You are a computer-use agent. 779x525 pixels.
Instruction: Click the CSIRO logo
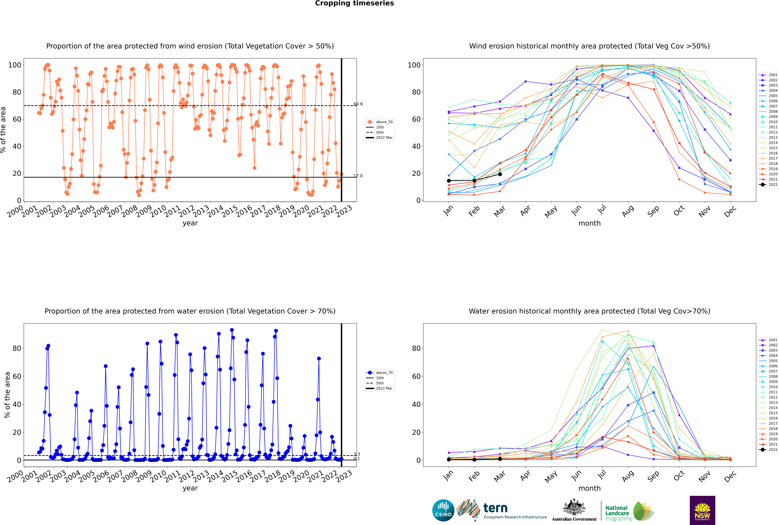443,510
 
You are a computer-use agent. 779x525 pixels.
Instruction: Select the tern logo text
495,508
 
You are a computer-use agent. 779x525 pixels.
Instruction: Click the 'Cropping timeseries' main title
354,3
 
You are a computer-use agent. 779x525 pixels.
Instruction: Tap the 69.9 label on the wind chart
358,104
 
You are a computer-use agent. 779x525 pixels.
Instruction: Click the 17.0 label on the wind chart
358,176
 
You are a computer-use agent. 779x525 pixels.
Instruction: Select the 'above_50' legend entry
379,122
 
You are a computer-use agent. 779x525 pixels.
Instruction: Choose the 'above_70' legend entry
379,373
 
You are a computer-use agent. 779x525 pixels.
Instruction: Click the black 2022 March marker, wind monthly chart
500,174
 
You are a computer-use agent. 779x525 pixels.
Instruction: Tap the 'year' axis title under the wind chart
190,223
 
